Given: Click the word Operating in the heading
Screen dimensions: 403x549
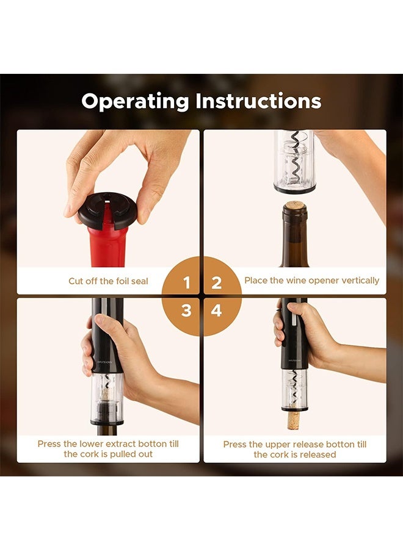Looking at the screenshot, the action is point(136,101).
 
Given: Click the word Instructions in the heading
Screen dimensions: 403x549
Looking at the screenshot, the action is point(258,101).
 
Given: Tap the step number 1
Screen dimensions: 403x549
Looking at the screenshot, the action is point(186,282).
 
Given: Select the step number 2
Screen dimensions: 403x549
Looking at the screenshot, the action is point(217,282).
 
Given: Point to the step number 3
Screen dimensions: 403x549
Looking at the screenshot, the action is point(186,310).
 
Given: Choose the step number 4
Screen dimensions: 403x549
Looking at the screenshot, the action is point(217,310).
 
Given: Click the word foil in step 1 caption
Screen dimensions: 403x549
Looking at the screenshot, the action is point(121,281).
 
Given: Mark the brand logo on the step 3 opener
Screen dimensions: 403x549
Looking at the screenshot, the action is point(104,362).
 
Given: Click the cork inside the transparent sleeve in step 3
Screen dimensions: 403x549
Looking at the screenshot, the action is point(105,394).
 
